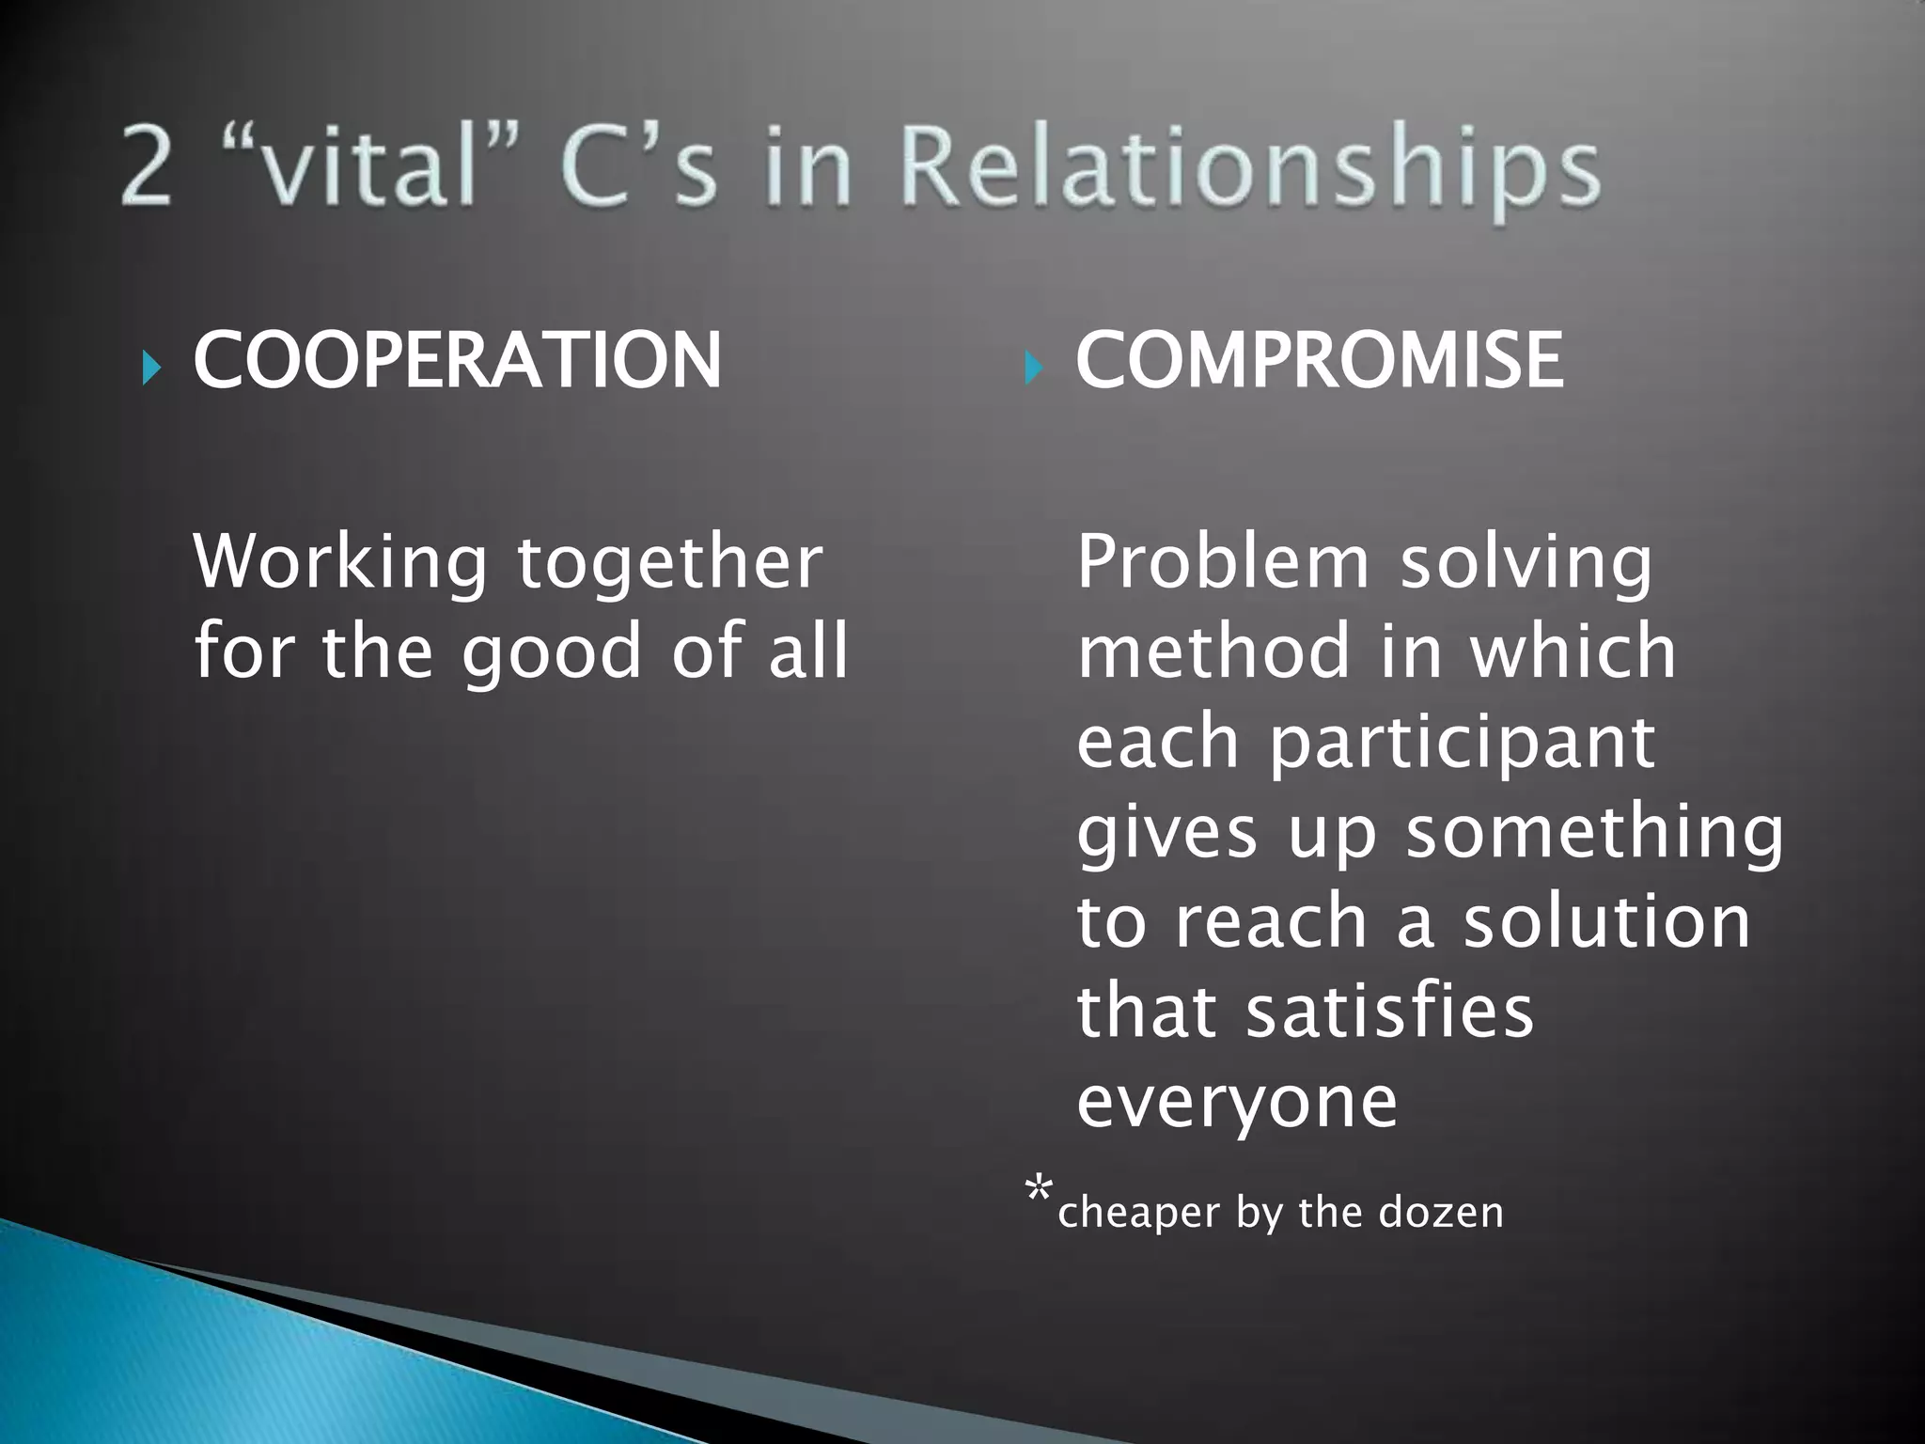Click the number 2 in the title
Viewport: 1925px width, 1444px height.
[148, 169]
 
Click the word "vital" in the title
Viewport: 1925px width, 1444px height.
[376, 169]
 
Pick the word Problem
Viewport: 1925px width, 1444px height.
[1223, 562]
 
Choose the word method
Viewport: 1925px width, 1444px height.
[1213, 651]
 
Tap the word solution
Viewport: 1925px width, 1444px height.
[1606, 921]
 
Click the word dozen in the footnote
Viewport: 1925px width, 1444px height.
[1440, 1213]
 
